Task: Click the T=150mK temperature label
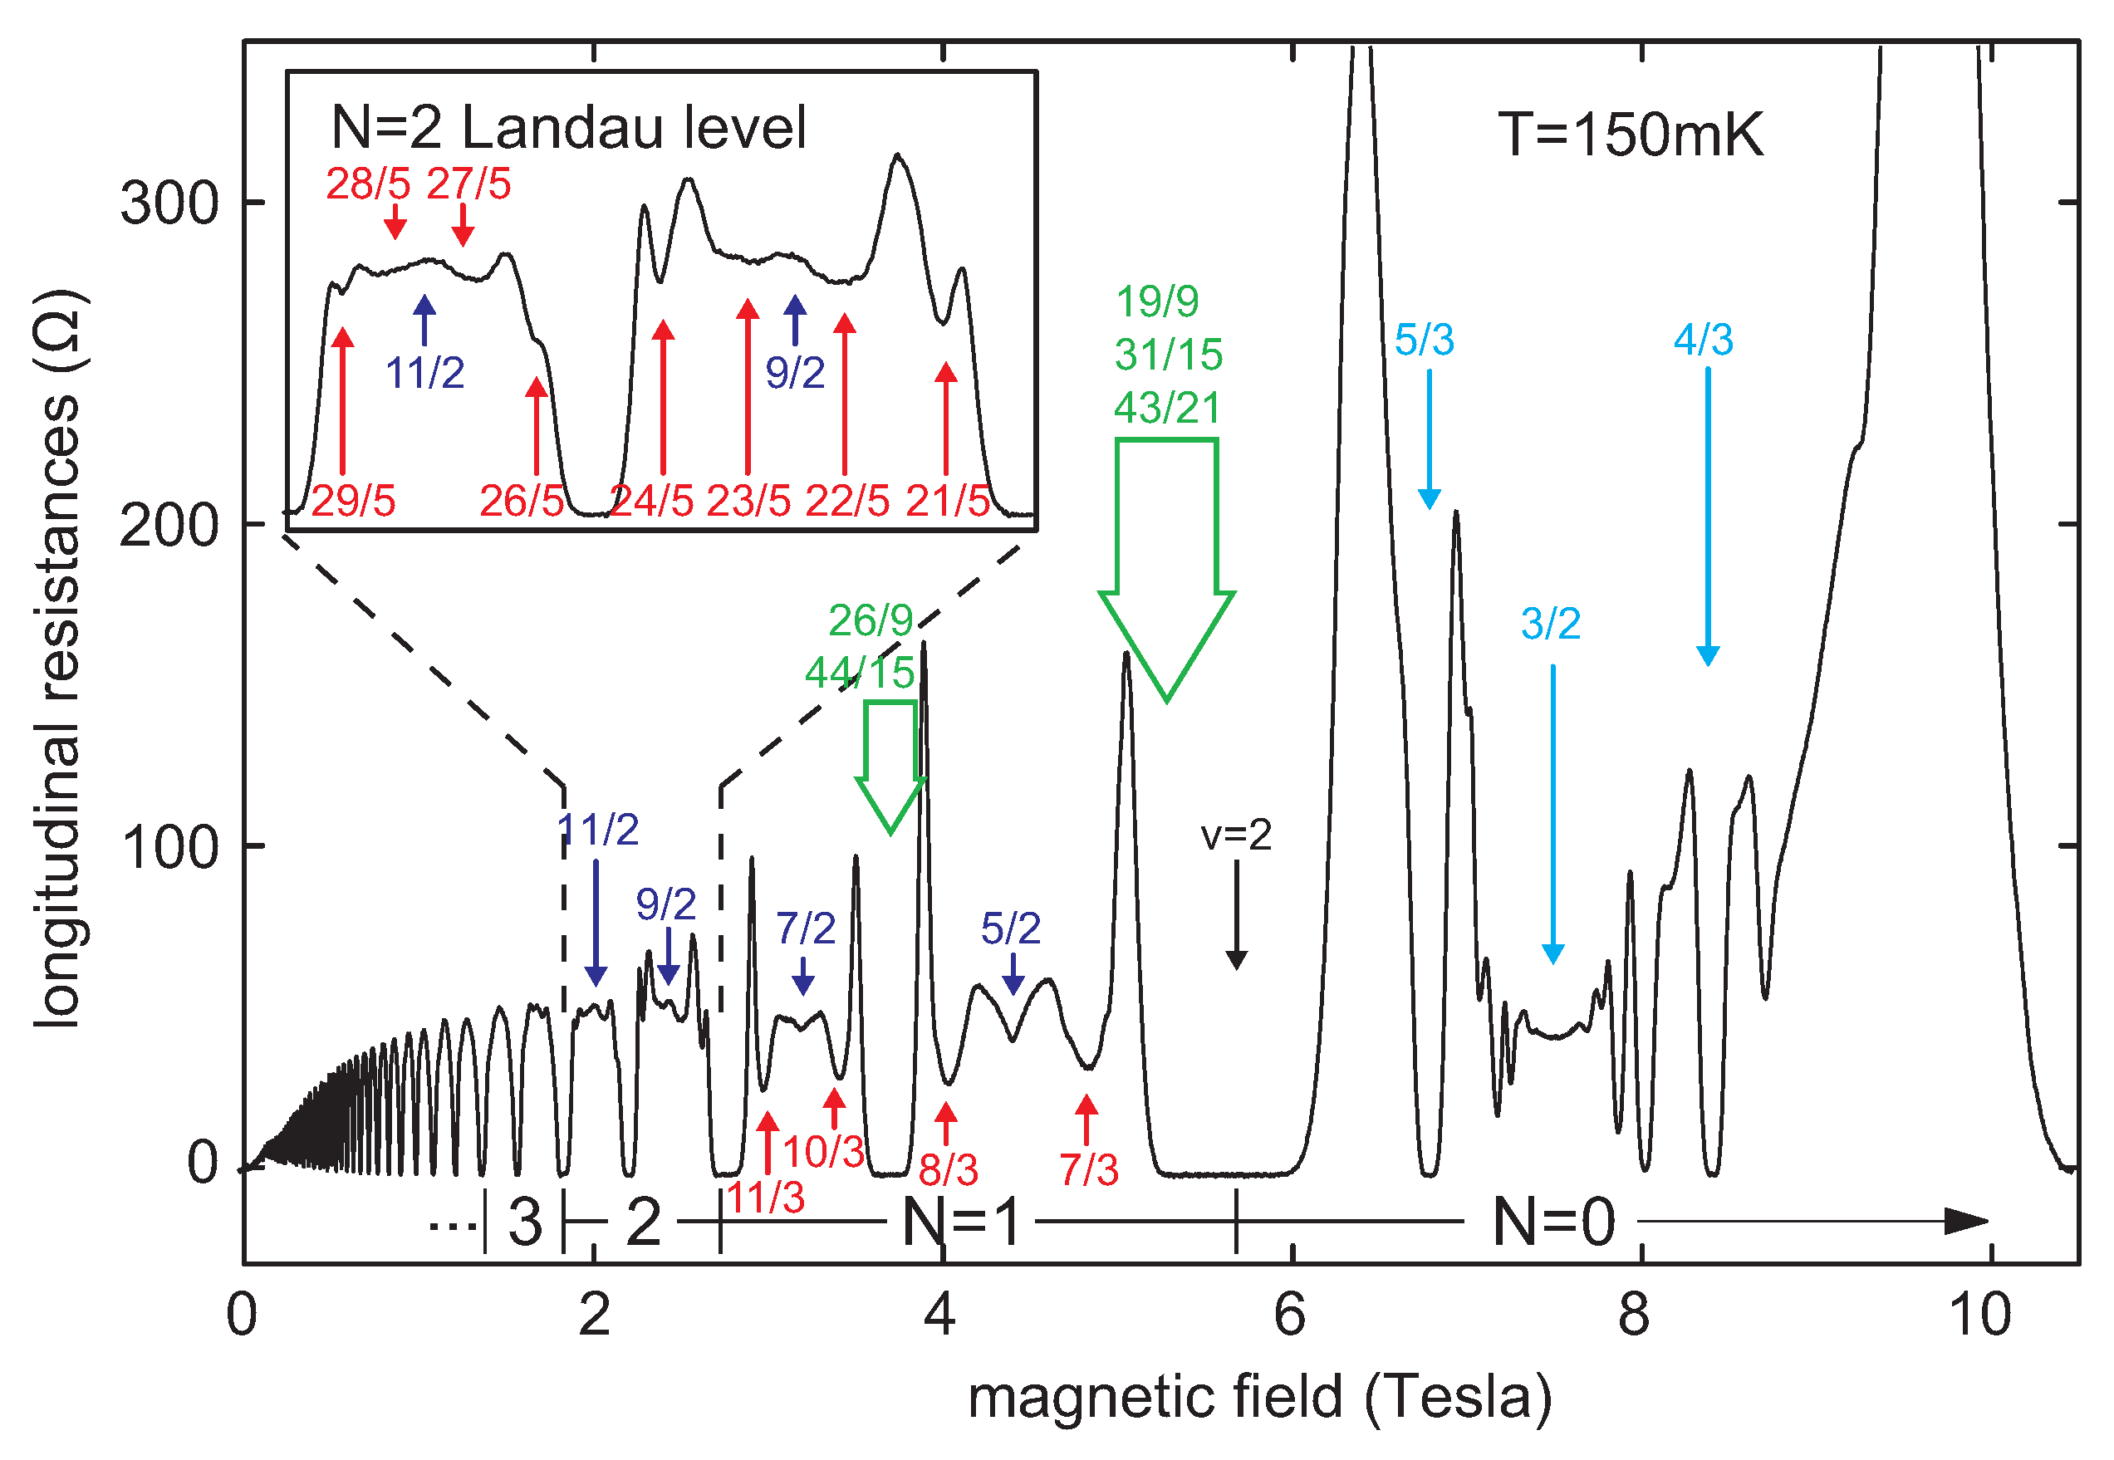pos(1629,135)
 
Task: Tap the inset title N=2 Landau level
pos(568,127)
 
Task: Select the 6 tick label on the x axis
pos(1289,1315)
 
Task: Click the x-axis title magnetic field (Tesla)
pos(1259,1398)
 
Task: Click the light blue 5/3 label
pos(1424,341)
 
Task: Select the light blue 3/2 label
pos(1550,624)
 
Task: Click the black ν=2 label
pos(1236,835)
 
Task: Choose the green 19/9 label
pos(1157,301)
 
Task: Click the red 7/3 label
pos(1088,1170)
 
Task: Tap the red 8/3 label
pos(948,1170)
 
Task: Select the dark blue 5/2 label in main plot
pos(1010,929)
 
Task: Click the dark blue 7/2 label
pos(805,929)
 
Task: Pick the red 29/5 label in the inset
pos(353,502)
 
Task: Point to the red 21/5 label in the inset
pos(948,502)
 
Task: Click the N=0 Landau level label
pos(1553,1222)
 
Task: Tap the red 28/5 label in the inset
pos(368,185)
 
